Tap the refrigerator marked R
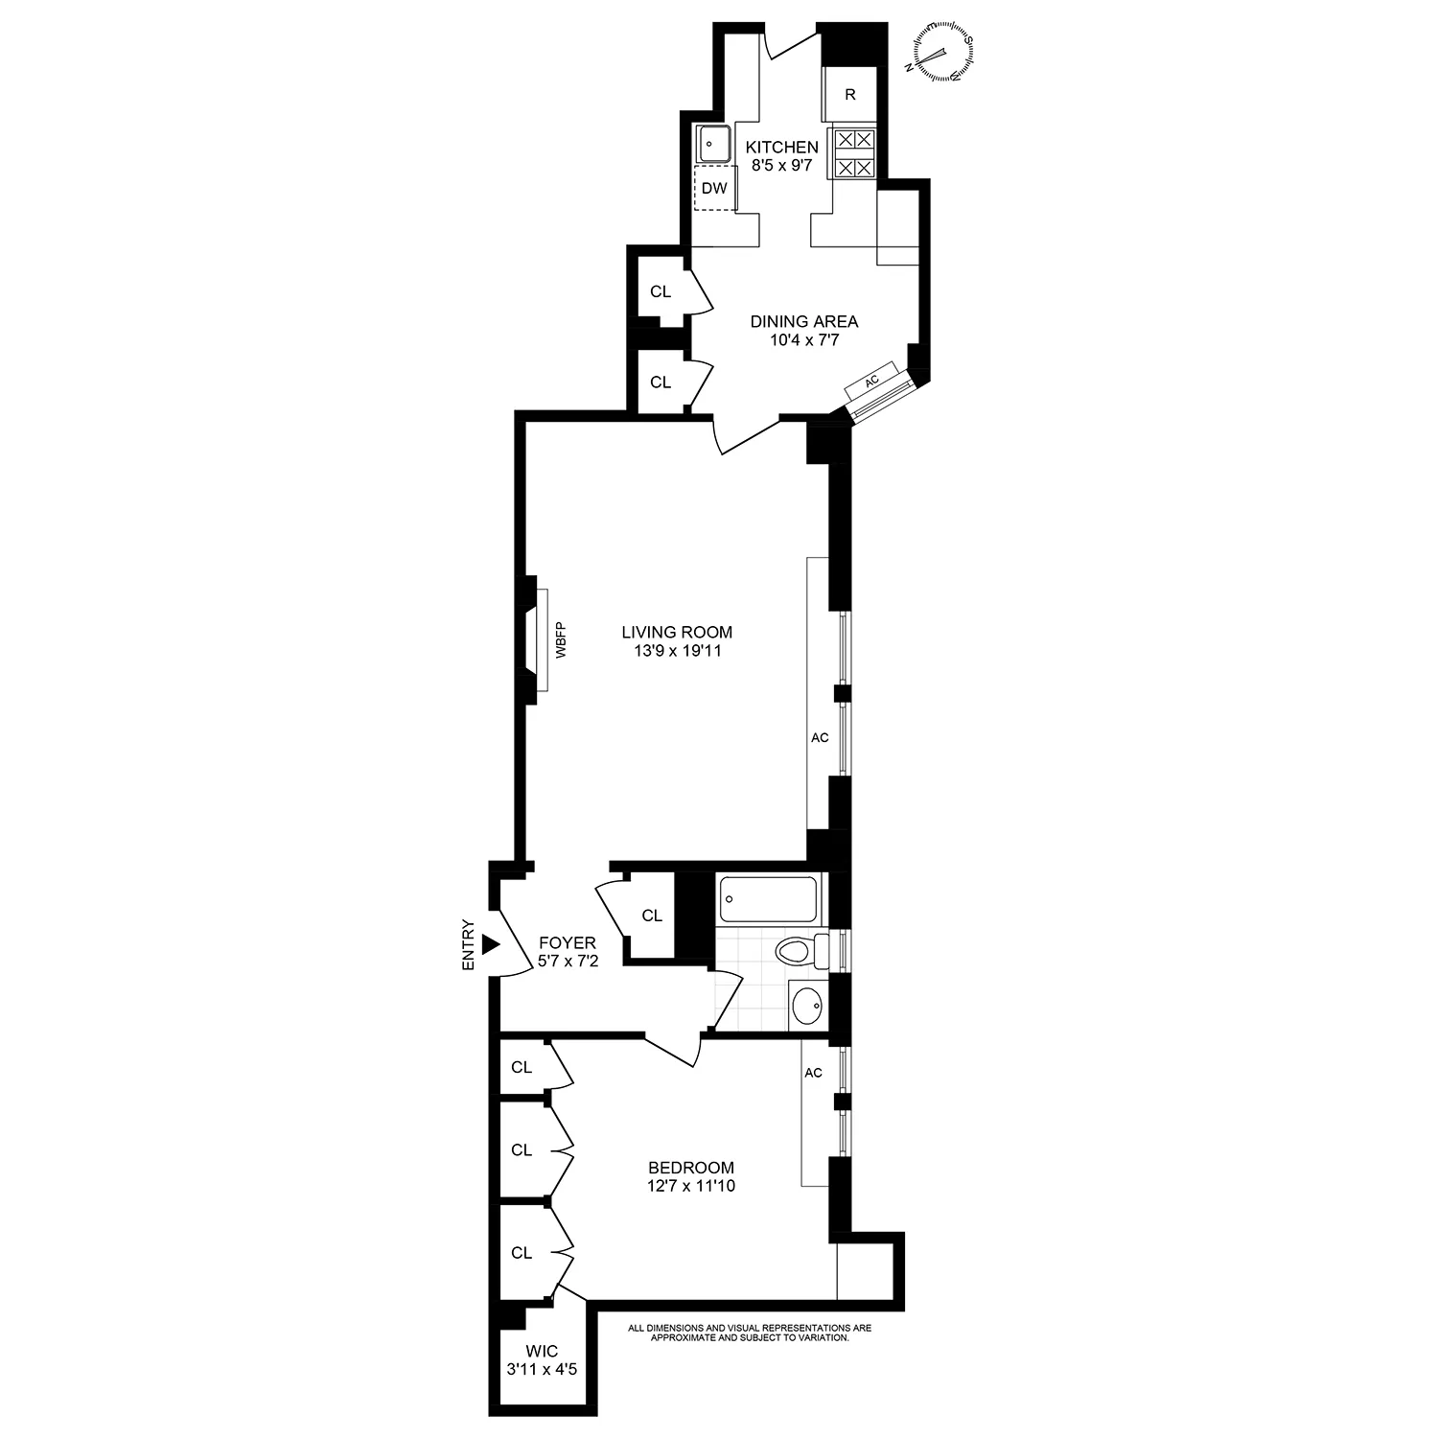tap(849, 94)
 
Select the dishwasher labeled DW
tap(714, 188)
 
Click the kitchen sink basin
tap(712, 144)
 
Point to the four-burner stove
tap(854, 154)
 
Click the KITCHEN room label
tap(782, 148)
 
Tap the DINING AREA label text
tap(803, 321)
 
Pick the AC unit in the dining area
tap(871, 381)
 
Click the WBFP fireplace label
tap(561, 639)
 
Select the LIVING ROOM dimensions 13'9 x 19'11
tap(677, 651)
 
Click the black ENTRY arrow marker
tap(491, 944)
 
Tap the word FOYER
tap(568, 943)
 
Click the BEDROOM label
tap(691, 1168)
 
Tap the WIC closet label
tap(542, 1352)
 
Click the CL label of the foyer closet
tap(652, 916)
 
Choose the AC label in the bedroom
tap(814, 1073)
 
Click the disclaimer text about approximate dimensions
tap(750, 1333)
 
